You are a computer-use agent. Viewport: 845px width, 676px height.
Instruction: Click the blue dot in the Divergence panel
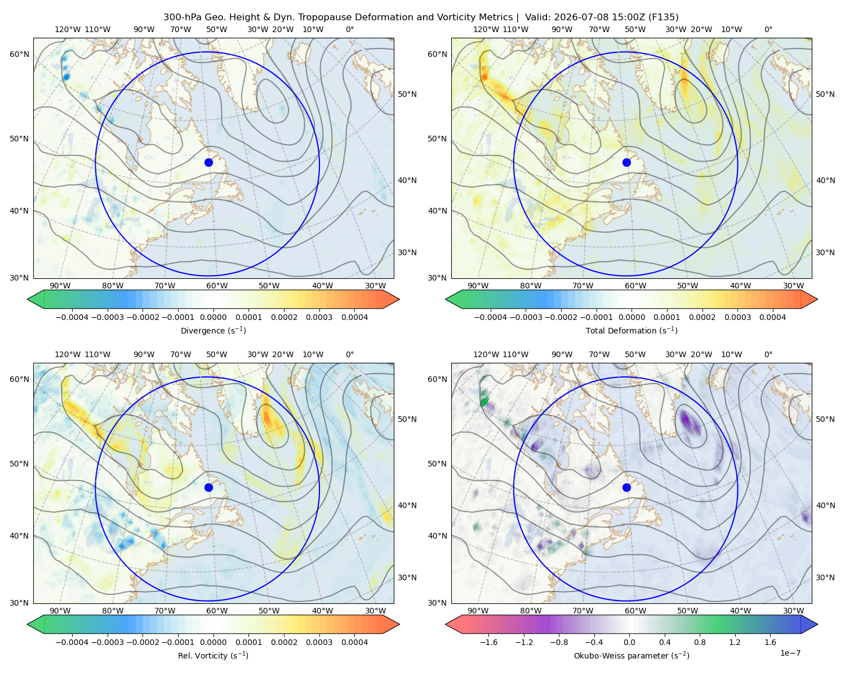[208, 163]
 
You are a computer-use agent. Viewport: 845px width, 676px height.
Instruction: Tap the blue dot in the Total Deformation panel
[626, 163]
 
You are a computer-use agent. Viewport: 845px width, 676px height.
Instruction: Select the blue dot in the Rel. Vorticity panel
[208, 487]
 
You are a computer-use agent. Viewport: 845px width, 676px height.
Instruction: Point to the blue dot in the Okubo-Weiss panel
[626, 487]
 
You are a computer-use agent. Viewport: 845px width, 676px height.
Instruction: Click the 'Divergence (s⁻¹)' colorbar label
[213, 331]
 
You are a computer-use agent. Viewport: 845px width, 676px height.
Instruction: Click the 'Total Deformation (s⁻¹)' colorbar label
[631, 331]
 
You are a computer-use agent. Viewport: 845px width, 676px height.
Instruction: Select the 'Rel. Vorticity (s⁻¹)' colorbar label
[213, 656]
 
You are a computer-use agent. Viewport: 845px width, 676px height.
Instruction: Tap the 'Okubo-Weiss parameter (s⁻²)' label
[631, 656]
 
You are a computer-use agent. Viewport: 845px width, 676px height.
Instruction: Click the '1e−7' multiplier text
[790, 653]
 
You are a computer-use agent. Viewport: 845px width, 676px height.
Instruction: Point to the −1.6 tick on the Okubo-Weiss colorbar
[488, 642]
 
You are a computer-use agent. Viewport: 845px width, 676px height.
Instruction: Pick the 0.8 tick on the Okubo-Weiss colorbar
[700, 642]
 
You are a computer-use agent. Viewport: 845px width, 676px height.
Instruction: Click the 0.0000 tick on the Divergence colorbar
[213, 317]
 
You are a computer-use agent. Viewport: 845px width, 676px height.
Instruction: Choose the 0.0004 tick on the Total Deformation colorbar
[772, 317]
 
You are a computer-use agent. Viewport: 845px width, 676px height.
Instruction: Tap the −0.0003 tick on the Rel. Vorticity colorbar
[107, 642]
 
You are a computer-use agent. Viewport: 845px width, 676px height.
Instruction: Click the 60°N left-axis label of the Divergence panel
[19, 54]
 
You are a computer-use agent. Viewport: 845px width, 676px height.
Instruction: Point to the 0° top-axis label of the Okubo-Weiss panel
[768, 354]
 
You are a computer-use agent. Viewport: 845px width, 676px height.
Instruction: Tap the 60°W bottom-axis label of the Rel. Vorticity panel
[217, 611]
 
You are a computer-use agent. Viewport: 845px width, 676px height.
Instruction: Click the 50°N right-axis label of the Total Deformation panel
[825, 94]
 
